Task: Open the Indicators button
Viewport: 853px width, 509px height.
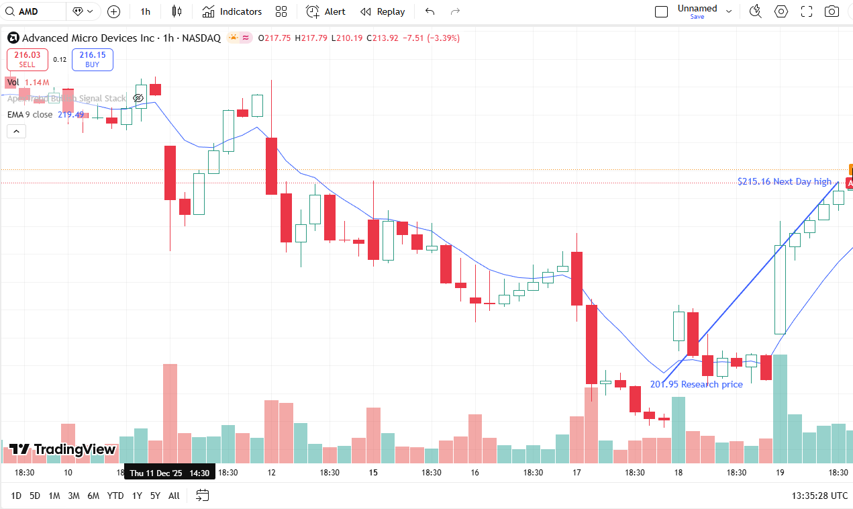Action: [x=232, y=11]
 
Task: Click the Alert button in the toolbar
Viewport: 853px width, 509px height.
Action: [x=326, y=11]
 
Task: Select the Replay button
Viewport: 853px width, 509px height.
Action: [x=383, y=11]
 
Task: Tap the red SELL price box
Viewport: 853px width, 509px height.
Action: [x=28, y=59]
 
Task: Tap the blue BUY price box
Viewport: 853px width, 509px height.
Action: [x=93, y=59]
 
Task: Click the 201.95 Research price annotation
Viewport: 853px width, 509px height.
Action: [x=696, y=384]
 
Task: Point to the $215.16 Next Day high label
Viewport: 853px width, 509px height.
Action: [x=784, y=181]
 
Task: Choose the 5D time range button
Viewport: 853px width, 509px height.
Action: [x=35, y=496]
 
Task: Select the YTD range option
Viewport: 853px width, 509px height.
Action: [x=115, y=496]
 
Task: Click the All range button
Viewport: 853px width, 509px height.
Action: [x=174, y=496]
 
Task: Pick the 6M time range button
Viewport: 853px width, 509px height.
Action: [x=93, y=496]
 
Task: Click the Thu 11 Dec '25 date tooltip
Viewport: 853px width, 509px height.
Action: [x=169, y=473]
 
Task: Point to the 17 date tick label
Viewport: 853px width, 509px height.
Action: [x=576, y=473]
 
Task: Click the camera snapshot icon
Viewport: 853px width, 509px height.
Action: [x=832, y=11]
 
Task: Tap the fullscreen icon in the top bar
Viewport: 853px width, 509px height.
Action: [x=807, y=11]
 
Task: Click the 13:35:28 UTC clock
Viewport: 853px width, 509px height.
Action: [x=819, y=496]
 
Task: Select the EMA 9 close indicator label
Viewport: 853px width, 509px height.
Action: [x=30, y=114]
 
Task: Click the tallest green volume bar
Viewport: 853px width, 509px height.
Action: [x=780, y=408]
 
